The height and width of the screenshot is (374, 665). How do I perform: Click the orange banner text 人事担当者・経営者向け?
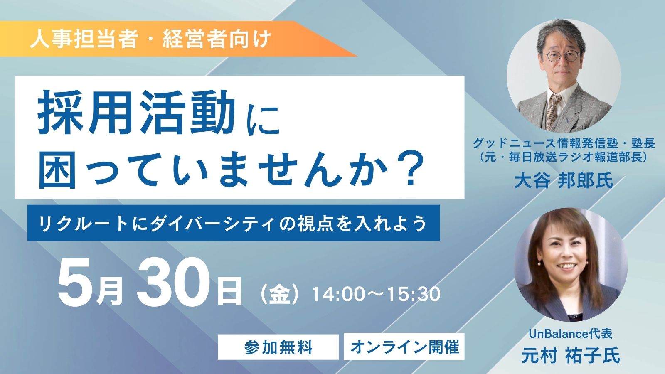click(x=150, y=39)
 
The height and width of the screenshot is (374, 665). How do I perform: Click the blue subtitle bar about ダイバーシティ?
click(x=233, y=223)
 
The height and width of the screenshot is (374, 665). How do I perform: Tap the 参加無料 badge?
click(x=278, y=347)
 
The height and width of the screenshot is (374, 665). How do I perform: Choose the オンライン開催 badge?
click(x=404, y=347)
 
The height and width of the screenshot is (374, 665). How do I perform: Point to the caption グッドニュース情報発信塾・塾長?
click(x=564, y=144)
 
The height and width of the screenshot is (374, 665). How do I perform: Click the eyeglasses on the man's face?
click(x=561, y=56)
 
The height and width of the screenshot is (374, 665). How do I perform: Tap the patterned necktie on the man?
click(x=553, y=111)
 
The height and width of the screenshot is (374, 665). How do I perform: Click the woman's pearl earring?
click(x=539, y=263)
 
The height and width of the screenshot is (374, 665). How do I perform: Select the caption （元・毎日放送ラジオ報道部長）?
click(x=564, y=157)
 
